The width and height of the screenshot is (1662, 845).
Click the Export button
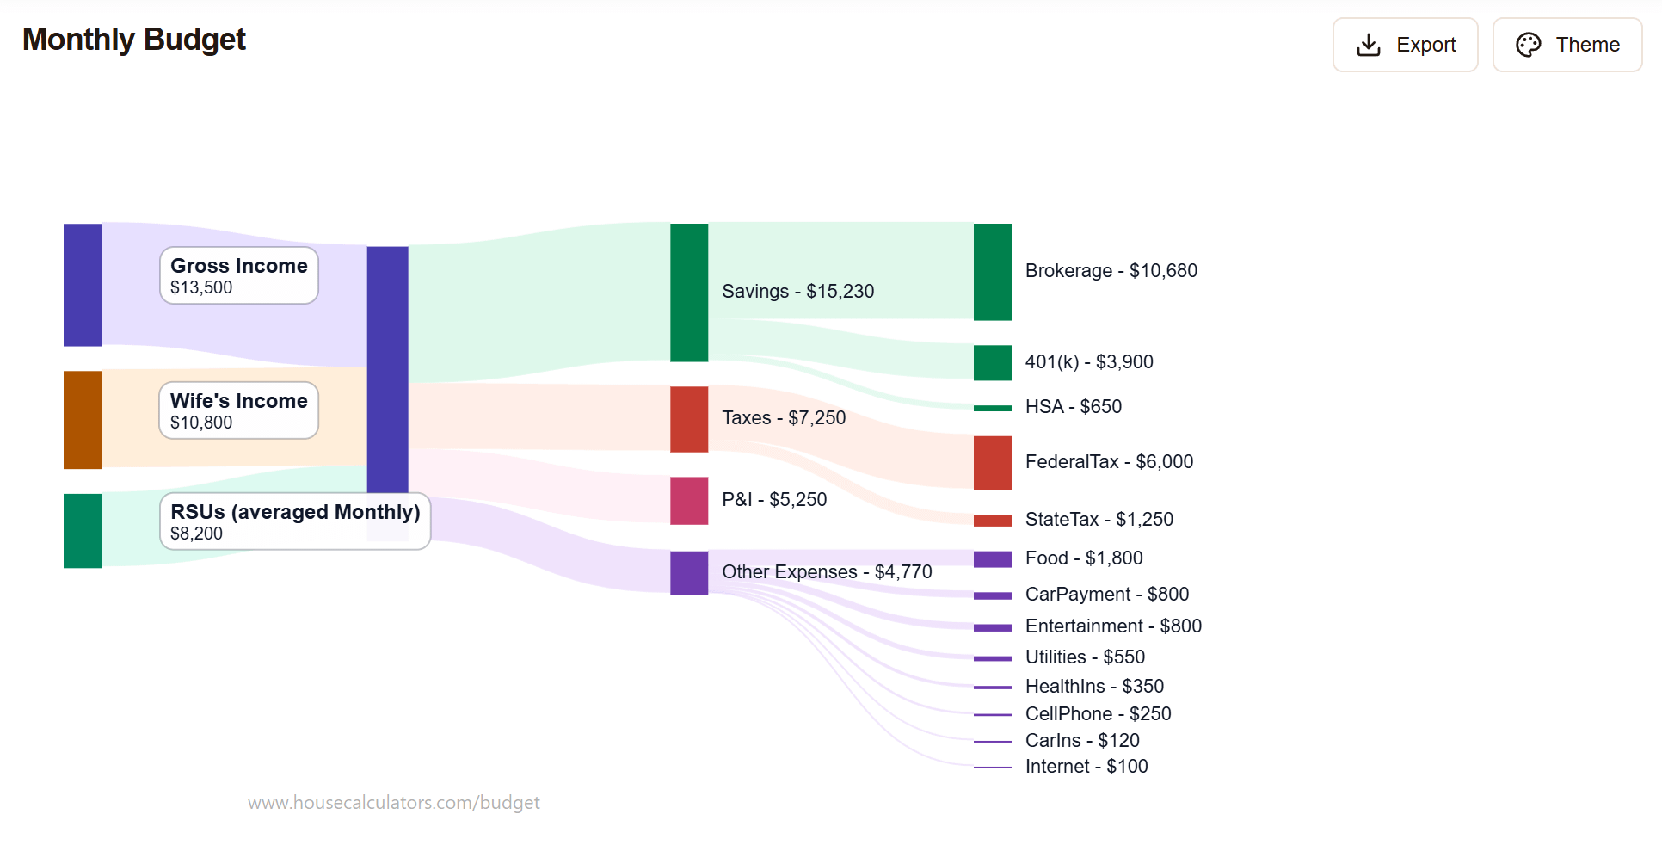[x=1405, y=45]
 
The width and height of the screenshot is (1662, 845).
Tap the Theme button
[x=1567, y=45]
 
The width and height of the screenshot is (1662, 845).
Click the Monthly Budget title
[x=134, y=40]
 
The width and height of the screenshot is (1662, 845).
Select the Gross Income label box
[x=238, y=275]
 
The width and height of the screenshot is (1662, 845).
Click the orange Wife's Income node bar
[x=83, y=420]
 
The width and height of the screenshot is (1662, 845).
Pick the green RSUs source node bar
[x=83, y=531]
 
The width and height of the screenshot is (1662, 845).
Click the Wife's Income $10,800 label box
[x=238, y=410]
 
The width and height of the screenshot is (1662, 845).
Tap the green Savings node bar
[x=689, y=293]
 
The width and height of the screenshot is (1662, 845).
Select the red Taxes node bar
[x=689, y=419]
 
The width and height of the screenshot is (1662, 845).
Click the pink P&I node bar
[x=689, y=501]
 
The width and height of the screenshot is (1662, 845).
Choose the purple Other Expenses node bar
[x=689, y=572]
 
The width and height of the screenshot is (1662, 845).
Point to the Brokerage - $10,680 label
[x=1111, y=271]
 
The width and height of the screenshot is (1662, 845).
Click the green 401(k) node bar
[x=992, y=362]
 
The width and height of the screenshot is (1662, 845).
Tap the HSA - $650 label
[x=1073, y=407]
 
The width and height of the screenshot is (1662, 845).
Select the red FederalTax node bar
[x=992, y=462]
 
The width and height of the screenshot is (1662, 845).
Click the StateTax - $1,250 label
[x=1099, y=520]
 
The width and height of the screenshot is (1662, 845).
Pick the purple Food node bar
[x=992, y=559]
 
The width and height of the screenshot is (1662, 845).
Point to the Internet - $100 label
[x=1086, y=767]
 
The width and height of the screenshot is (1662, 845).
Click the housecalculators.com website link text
[x=394, y=803]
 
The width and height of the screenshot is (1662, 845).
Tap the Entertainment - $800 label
[x=1113, y=626]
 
